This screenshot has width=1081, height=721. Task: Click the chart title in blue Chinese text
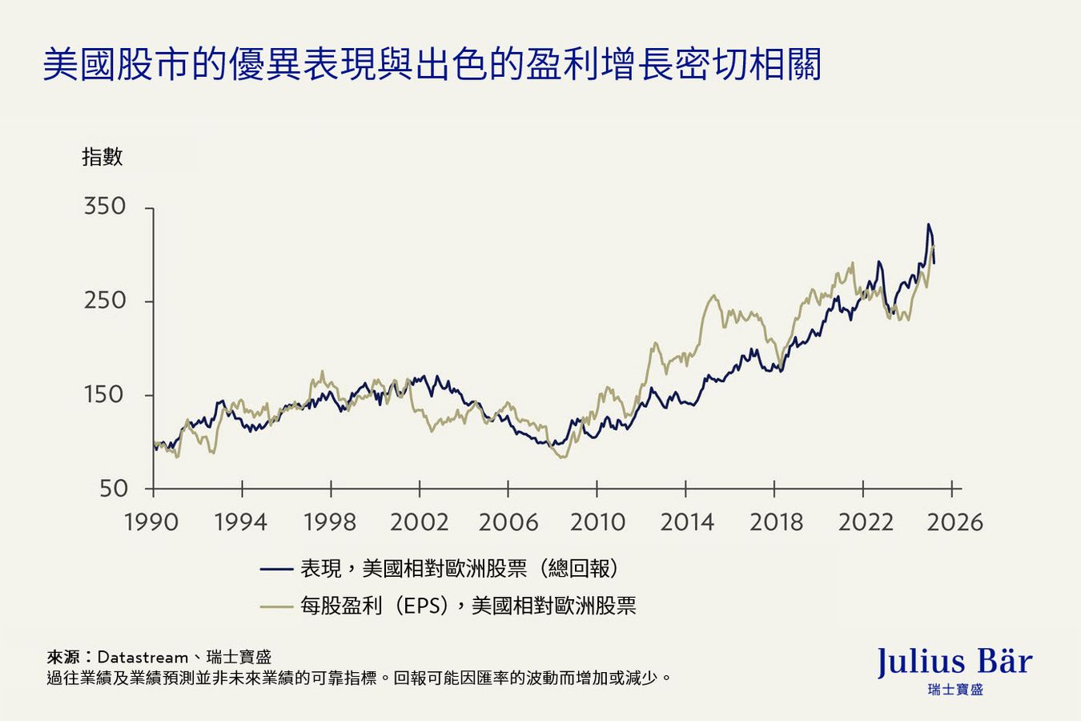tap(432, 65)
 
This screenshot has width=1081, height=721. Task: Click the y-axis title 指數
tap(102, 157)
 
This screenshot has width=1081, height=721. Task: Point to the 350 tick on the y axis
tap(105, 207)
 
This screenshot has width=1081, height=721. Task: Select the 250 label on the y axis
tap(105, 300)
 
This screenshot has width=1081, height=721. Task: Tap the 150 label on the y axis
tap(105, 394)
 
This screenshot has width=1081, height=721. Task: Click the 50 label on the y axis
tap(113, 488)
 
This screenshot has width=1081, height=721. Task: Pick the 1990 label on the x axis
tap(151, 522)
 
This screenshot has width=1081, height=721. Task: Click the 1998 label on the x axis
tap(330, 522)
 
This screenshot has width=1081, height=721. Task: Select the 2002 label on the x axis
tap(419, 522)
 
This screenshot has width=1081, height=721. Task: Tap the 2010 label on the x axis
tap(597, 522)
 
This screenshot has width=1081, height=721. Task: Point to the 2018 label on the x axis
tap(775, 522)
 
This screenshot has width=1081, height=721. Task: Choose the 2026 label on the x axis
tap(954, 522)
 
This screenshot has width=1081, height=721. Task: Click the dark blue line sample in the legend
tap(276, 569)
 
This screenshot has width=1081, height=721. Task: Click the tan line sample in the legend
tap(276, 606)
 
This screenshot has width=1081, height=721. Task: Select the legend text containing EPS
tap(468, 606)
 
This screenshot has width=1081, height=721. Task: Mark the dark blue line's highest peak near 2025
tap(928, 225)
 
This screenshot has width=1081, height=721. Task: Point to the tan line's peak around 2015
tap(713, 296)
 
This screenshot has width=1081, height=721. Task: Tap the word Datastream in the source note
tap(143, 658)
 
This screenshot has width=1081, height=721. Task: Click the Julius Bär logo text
tap(954, 663)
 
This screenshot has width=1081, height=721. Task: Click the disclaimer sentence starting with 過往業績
tap(359, 679)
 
